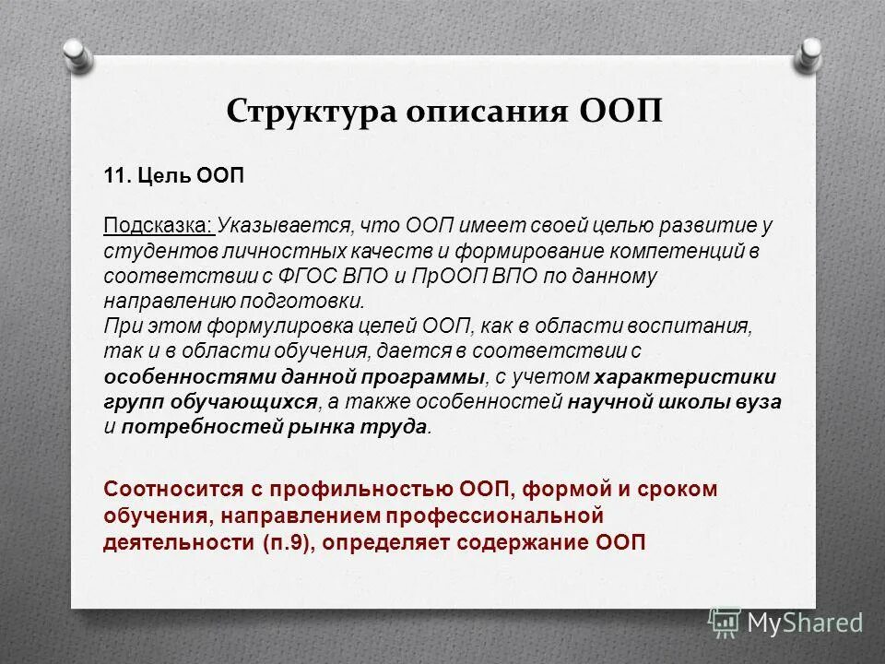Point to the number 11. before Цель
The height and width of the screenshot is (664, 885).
117,176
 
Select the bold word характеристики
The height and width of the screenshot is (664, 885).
685,376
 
